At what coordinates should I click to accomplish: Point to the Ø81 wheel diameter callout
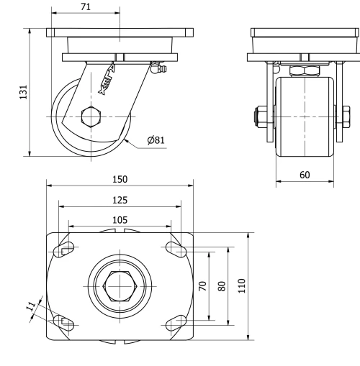157,140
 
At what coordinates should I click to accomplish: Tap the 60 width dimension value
304,175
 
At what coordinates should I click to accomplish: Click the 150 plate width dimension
120,179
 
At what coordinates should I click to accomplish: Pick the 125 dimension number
120,199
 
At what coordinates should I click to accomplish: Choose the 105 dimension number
120,219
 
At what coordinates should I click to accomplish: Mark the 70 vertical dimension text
203,285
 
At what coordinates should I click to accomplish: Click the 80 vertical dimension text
222,285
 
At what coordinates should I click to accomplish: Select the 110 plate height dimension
243,285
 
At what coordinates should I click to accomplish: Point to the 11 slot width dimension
31,306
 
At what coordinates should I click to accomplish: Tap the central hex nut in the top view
120,285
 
